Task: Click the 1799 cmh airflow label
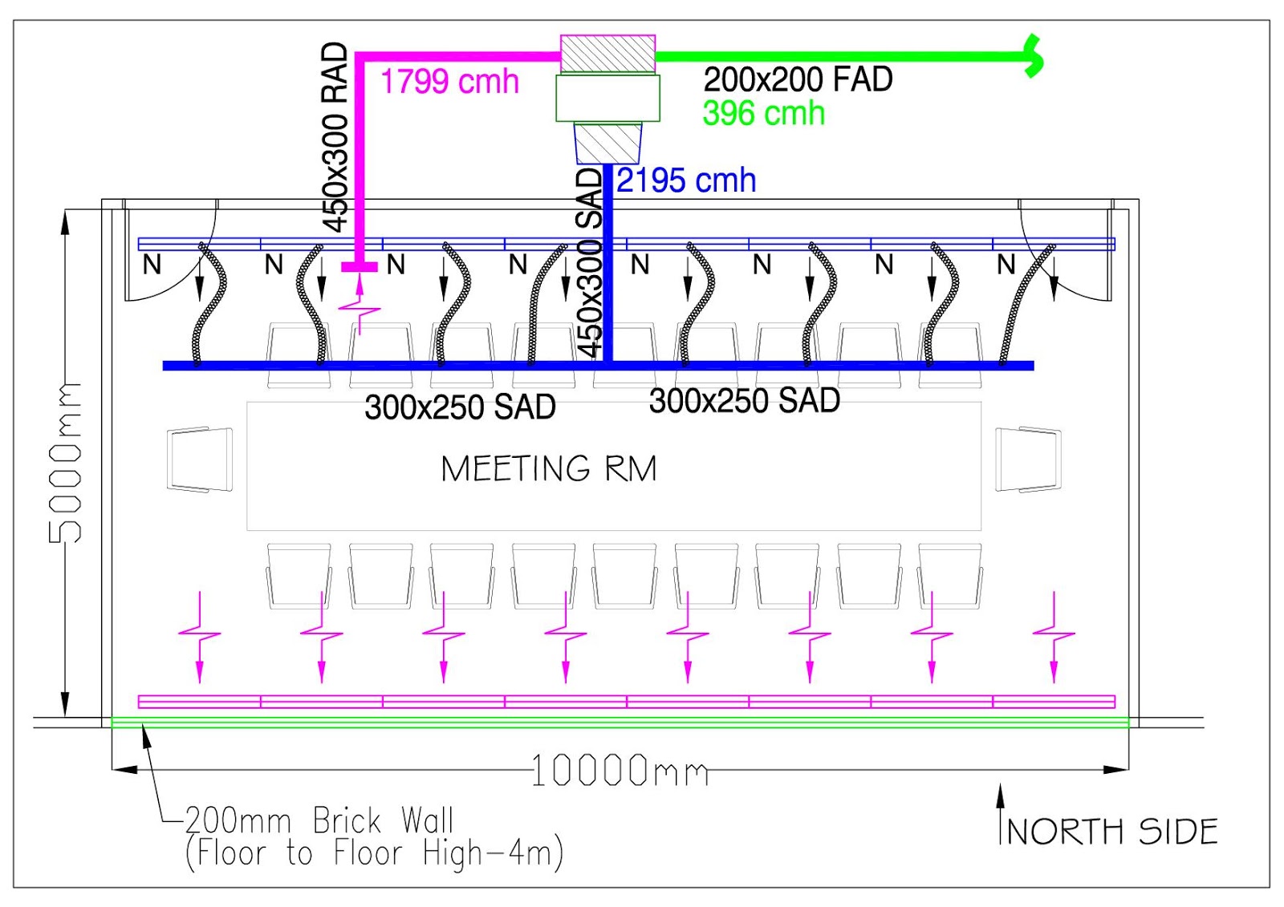click(449, 82)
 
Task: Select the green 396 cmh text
click(763, 113)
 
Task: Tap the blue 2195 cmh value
click(686, 180)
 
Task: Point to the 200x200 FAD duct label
click(798, 79)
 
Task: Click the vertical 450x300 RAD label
click(335, 136)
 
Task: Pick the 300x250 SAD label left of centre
click(460, 407)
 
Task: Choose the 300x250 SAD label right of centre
click(744, 400)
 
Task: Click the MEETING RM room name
click(549, 468)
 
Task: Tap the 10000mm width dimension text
click(620, 771)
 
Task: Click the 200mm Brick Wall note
click(319, 821)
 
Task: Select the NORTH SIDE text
click(1112, 832)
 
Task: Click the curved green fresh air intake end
click(1034, 56)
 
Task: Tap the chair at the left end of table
click(201, 459)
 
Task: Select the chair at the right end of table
click(1028, 459)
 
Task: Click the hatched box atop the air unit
click(607, 54)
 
